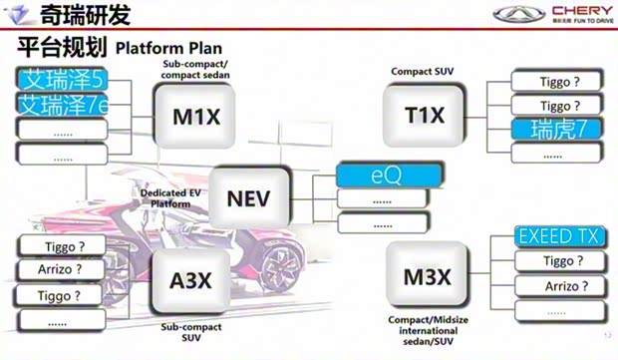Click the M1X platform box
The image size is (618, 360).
[x=196, y=116]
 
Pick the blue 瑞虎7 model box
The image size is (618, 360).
[x=556, y=128]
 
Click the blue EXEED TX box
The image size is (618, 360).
[x=558, y=237]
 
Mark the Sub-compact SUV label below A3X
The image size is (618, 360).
[x=188, y=331]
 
